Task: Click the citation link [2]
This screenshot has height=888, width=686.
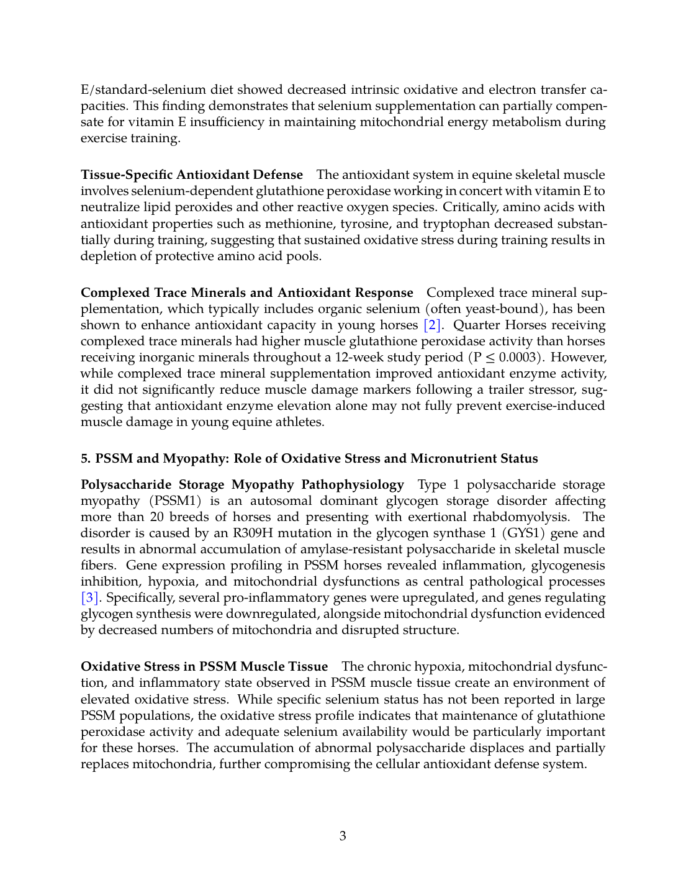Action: point(433,325)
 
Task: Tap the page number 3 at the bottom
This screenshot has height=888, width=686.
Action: point(343,836)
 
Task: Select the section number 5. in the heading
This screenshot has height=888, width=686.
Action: point(86,459)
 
